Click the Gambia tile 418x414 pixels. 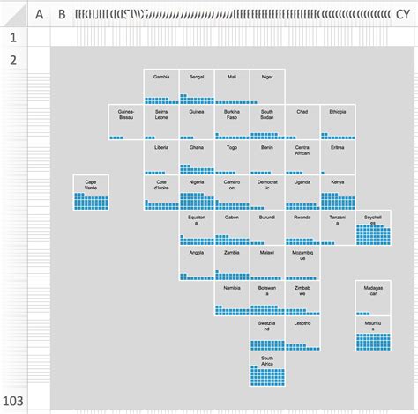tap(161, 86)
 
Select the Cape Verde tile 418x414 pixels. tap(91, 192)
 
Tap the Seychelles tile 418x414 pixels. tap(373, 227)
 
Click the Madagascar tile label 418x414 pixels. tap(373, 292)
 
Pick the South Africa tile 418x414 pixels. tap(267, 368)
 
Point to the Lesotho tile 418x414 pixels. tap(302, 333)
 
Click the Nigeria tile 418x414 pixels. tap(197, 192)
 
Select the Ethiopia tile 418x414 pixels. tap(338, 122)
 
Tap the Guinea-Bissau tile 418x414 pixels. tap(126, 122)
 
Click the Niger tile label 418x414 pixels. tap(267, 78)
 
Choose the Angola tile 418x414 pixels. tap(197, 262)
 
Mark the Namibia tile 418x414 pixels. tap(232, 298)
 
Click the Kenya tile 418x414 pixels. tap(338, 192)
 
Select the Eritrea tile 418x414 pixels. tap(338, 157)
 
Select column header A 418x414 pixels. tap(38, 13)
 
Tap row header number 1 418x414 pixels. tap(13, 38)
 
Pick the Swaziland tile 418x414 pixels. tap(267, 333)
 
